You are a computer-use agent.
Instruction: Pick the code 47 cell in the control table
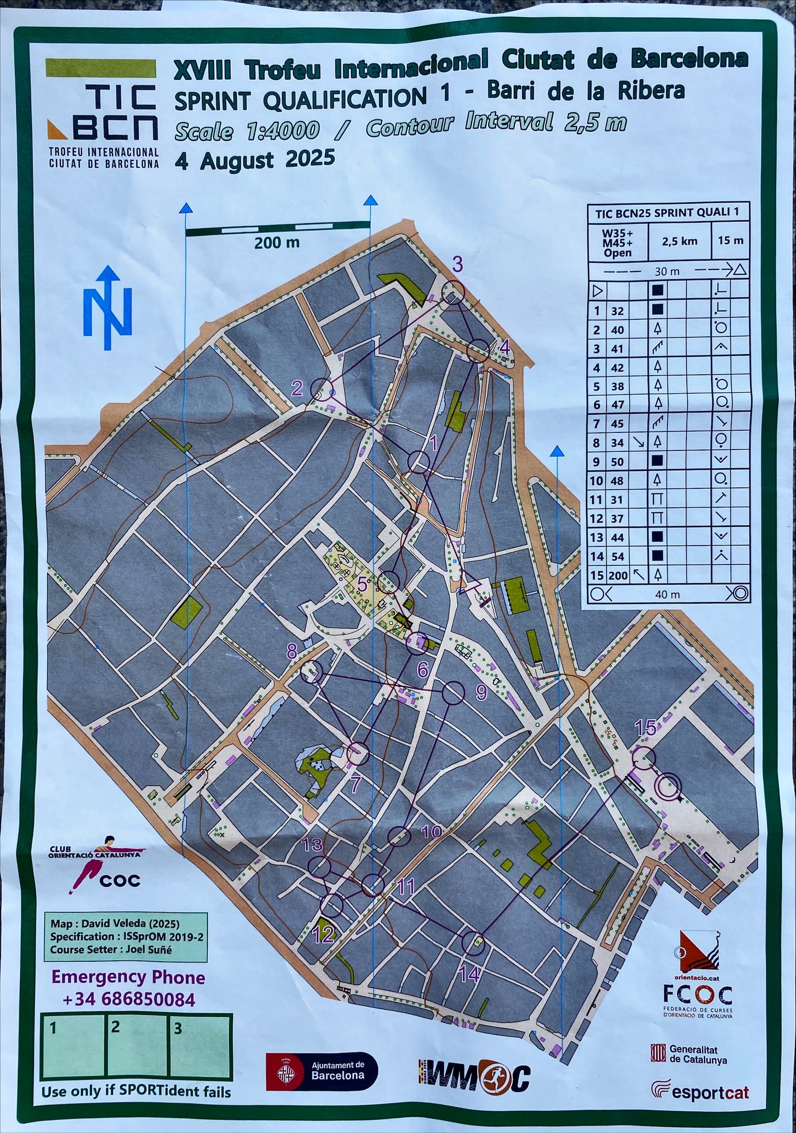(618, 405)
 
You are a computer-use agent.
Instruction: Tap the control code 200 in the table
(618, 576)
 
